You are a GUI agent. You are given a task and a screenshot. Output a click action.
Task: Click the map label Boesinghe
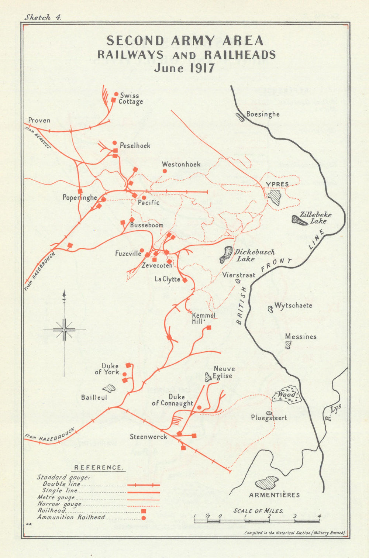tap(263, 114)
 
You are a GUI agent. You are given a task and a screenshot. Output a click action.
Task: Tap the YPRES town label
tap(277, 184)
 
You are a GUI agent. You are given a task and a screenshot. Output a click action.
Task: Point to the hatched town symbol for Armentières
tap(267, 483)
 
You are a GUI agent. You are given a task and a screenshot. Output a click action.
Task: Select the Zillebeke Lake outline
tap(299, 220)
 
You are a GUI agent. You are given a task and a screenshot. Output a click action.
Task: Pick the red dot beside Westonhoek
tap(165, 171)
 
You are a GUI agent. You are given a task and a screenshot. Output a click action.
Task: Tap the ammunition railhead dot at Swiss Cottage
tap(116, 94)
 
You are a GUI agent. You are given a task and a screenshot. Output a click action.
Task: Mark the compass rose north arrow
tap(64, 295)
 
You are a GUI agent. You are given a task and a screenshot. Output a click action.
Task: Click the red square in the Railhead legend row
tap(144, 511)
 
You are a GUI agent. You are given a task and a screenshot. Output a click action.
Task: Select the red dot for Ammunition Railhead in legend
tap(144, 518)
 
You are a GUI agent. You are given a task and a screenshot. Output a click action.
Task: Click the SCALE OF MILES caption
tap(258, 511)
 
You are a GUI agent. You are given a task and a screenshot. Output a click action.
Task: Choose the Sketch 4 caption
tap(42, 17)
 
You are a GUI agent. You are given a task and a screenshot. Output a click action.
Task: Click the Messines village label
tap(300, 337)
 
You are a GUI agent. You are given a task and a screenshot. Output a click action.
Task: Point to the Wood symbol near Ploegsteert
tap(286, 394)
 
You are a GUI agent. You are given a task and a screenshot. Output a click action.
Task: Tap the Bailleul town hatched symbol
tap(109, 388)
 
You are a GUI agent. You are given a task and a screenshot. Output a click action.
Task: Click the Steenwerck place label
tap(148, 437)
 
